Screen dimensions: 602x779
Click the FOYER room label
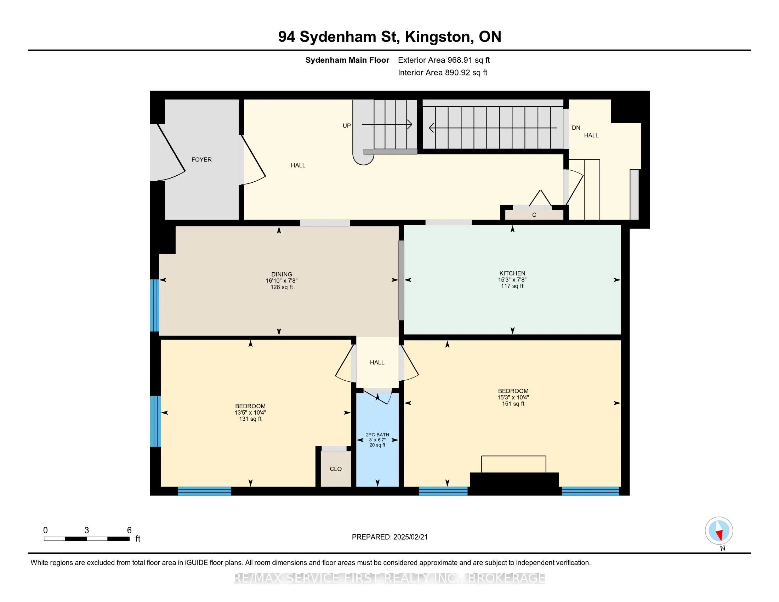coord(201,159)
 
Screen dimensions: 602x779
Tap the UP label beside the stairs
coord(346,126)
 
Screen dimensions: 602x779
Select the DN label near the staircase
coord(576,128)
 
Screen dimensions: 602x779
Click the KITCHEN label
coord(512,273)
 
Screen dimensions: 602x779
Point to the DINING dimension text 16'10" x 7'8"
coord(282,281)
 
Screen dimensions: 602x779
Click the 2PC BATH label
coord(377,435)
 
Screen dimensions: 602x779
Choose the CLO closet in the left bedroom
coord(335,468)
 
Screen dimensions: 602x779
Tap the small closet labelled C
coord(534,215)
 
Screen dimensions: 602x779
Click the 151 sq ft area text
coord(513,404)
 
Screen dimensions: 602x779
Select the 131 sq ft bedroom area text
coord(250,419)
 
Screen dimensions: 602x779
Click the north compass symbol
coord(719,531)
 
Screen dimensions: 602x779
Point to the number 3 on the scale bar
coord(87,530)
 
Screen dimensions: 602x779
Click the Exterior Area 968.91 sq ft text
coord(444,60)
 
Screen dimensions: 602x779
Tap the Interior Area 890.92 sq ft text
coord(442,72)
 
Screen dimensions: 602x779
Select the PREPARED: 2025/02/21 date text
coord(389,537)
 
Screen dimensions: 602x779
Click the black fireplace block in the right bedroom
coord(514,483)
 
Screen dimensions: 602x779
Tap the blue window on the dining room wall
coord(154,305)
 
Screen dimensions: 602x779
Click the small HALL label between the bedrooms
coord(377,362)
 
